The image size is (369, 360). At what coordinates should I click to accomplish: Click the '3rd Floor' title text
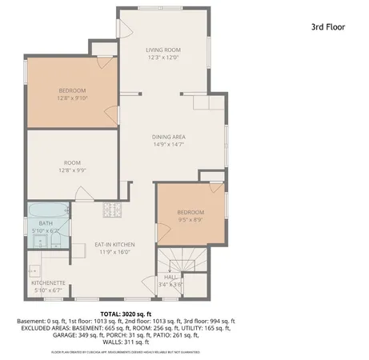[327, 26]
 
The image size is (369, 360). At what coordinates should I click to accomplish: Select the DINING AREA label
[169, 137]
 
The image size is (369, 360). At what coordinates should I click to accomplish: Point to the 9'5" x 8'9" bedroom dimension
[191, 219]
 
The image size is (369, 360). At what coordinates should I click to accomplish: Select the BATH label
[45, 223]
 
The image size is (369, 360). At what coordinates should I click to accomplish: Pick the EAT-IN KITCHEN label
[114, 244]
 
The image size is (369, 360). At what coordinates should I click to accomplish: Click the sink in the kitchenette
[34, 270]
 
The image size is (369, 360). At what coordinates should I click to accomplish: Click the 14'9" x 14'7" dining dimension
[169, 144]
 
